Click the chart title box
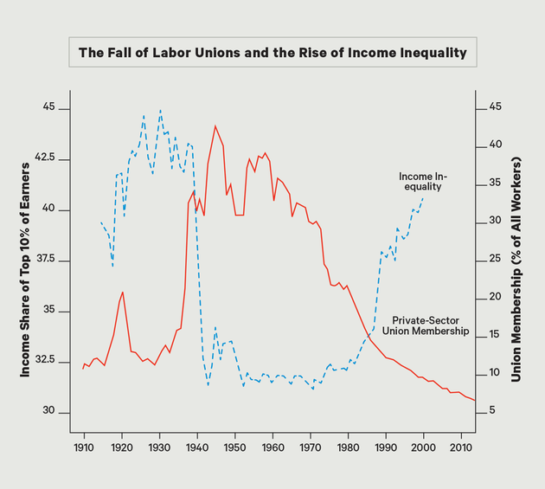(x=272, y=53)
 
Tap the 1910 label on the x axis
(x=84, y=449)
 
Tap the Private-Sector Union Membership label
(x=425, y=325)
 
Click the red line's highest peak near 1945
(x=215, y=126)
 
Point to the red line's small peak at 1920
(x=123, y=293)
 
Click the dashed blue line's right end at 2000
(x=423, y=199)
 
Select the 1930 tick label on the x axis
(x=159, y=449)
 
